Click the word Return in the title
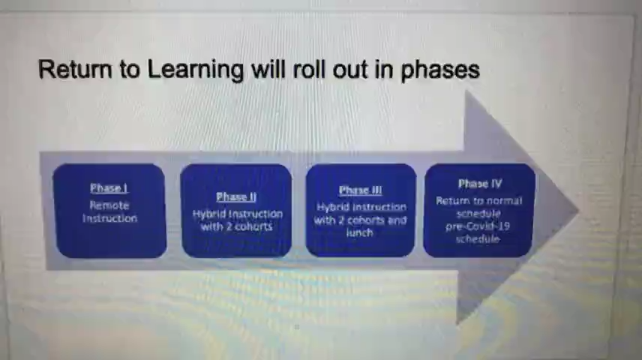point(75,69)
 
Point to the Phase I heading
point(109,188)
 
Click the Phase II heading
point(236,197)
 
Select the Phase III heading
point(360,190)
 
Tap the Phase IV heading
point(480,184)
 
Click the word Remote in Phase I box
point(109,205)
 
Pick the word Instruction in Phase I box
point(109,218)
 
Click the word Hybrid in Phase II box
point(208,214)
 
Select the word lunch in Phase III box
point(359,232)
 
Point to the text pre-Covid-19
point(478,226)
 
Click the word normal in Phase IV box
point(505,201)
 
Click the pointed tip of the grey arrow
point(579,211)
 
